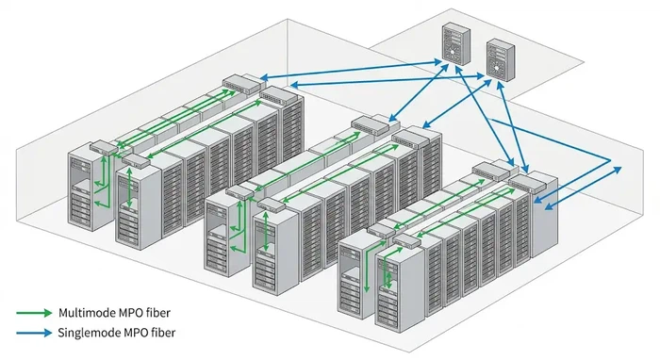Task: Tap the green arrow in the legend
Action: coord(33,312)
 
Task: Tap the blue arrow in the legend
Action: coord(33,333)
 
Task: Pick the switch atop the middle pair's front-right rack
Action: coord(270,202)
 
